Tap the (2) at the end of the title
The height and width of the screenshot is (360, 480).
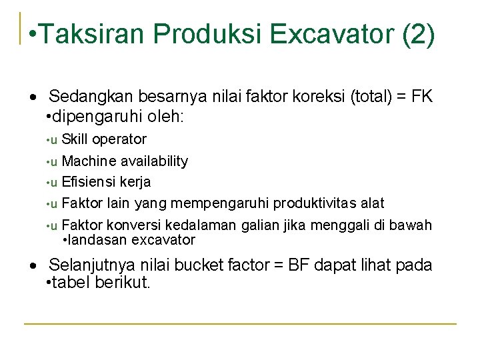[x=419, y=34]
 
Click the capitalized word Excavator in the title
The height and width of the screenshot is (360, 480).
[x=321, y=34]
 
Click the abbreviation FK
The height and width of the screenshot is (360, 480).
[x=421, y=97]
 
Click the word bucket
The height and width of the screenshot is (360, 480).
[x=192, y=265]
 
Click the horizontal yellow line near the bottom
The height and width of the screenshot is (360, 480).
[x=240, y=324]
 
